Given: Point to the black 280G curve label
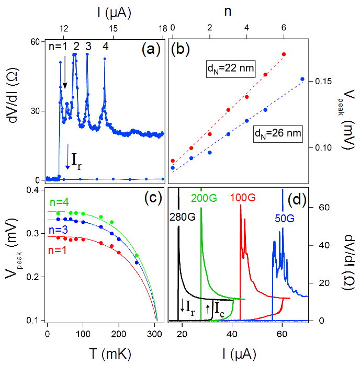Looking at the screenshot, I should (185, 214).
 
